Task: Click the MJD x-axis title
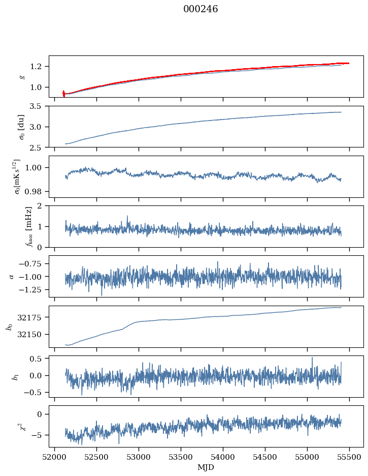[x=206, y=467]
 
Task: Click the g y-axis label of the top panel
[x=22, y=76]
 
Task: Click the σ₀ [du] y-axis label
[x=22, y=127]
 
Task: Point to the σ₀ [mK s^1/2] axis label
[x=22, y=176]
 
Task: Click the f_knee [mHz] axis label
[x=22, y=226]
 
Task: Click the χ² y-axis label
[x=22, y=425]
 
